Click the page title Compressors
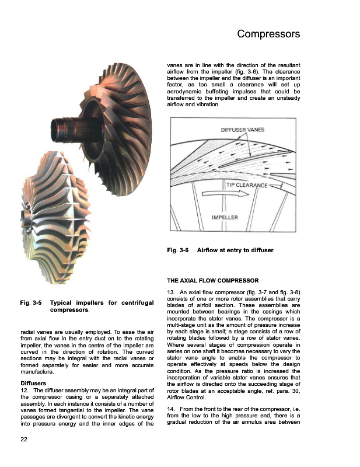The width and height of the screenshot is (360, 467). [268, 34]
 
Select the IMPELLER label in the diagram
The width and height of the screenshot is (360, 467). [225, 218]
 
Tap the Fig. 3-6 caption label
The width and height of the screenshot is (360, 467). [177, 250]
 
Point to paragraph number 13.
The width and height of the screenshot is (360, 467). [171, 291]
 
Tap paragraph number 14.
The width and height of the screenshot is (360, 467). [171, 409]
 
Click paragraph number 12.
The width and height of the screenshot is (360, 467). [24, 390]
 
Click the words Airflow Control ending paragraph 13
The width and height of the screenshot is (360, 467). [186, 397]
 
